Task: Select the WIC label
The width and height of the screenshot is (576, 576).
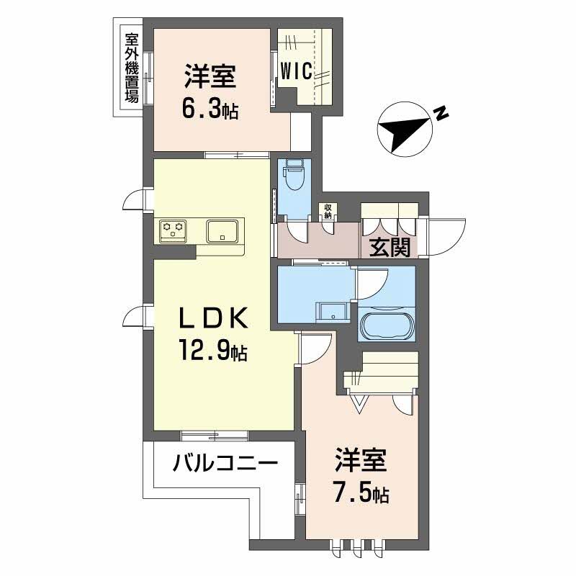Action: [x=295, y=71]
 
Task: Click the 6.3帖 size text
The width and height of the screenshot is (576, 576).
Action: [x=210, y=111]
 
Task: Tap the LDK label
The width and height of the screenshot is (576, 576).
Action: [x=214, y=318]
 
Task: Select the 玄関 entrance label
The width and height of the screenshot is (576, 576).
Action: [x=390, y=248]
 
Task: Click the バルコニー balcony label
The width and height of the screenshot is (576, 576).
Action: [x=225, y=462]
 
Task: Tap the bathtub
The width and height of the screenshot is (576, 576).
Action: [x=387, y=326]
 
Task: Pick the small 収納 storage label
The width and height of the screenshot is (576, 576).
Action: [x=328, y=212]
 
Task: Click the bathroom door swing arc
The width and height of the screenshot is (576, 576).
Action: [x=372, y=282]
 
